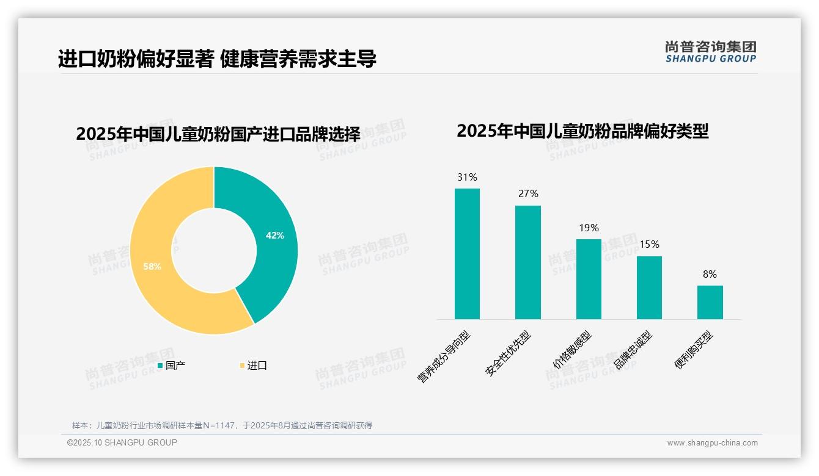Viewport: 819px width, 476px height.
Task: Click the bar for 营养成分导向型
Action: tap(467, 254)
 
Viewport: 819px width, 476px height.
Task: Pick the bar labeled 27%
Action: tap(527, 262)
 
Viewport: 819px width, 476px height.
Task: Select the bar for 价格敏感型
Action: tap(589, 279)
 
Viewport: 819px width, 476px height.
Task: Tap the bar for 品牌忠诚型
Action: tap(649, 287)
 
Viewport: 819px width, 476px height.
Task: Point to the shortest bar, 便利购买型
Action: tap(710, 302)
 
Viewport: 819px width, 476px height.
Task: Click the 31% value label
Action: tap(467, 178)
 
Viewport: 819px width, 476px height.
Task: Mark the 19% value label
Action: tap(589, 228)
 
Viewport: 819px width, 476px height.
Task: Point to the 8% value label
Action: tap(710, 275)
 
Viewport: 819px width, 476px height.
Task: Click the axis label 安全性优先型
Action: tap(509, 353)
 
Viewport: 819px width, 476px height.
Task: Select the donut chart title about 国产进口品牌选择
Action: tap(218, 134)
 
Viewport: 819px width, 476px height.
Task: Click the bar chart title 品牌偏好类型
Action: tap(582, 131)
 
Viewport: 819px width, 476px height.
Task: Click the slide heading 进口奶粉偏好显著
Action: tap(217, 59)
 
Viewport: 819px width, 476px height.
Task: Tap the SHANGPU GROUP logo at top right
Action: tap(710, 52)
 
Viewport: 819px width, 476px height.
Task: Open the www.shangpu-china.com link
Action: tap(712, 443)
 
